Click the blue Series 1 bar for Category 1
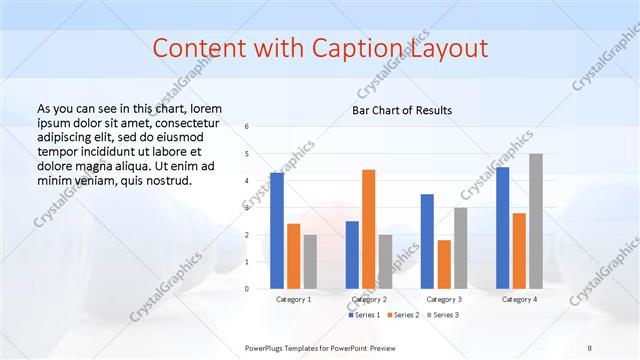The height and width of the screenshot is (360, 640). point(277,231)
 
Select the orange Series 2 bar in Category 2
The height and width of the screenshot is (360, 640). point(368,229)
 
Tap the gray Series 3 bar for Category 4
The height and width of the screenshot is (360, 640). point(536,221)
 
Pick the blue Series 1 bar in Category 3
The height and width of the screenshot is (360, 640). point(427,241)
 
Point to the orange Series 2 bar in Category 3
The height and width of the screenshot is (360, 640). point(444,264)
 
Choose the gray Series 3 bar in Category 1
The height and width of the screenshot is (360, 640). point(310,261)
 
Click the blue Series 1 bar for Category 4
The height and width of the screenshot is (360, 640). point(502,228)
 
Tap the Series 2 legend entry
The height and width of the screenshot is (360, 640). point(403,315)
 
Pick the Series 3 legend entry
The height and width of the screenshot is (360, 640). point(442,315)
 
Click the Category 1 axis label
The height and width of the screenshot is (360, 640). point(294,299)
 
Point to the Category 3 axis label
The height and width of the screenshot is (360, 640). point(444,299)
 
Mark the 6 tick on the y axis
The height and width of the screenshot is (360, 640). point(247,126)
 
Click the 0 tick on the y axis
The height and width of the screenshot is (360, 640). point(247,289)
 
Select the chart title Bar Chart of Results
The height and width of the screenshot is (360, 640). point(403,110)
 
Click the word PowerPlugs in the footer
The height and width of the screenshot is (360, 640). point(267,347)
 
